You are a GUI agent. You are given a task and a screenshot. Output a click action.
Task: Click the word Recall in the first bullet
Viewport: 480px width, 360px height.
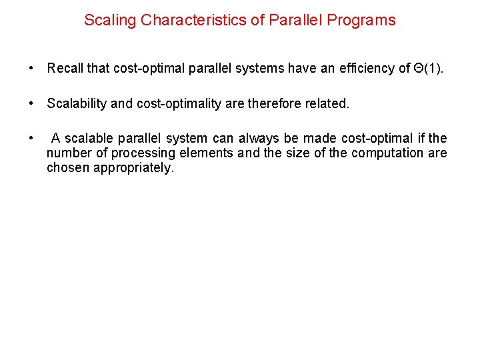pyautogui.click(x=65, y=68)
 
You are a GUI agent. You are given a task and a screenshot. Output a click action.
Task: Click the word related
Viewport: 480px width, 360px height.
pyautogui.click(x=327, y=103)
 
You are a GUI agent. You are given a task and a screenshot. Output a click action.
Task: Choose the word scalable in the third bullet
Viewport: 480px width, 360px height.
pyautogui.click(x=89, y=138)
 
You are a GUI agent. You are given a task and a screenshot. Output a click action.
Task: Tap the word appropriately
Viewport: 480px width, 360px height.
pyautogui.click(x=133, y=167)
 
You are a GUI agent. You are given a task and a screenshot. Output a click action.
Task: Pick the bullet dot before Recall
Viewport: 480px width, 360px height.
pyautogui.click(x=31, y=68)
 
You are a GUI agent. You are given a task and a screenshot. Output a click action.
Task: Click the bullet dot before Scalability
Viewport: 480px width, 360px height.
pyautogui.click(x=31, y=103)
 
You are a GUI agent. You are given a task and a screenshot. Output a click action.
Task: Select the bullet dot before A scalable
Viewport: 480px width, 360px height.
pyautogui.click(x=31, y=138)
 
